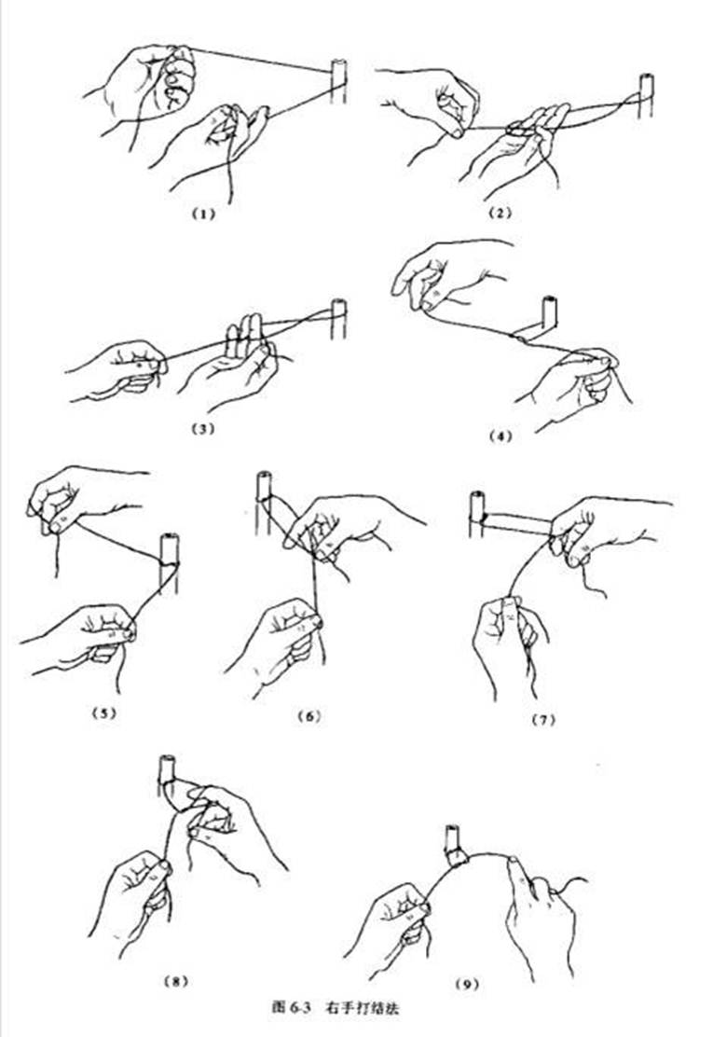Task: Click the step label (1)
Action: coord(203,214)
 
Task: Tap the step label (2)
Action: coord(500,213)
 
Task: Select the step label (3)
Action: coord(203,428)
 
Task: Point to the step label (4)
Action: coord(500,436)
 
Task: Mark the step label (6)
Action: coord(309,715)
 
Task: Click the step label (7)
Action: coord(543,720)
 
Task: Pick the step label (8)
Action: coord(175,981)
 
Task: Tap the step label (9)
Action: coord(467,984)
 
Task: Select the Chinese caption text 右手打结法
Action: coord(363,1008)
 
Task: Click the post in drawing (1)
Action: coord(338,82)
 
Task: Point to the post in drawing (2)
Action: coord(646,95)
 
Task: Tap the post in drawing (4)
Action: coord(549,315)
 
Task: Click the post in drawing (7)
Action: coord(477,515)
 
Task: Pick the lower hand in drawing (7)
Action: coord(509,644)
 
